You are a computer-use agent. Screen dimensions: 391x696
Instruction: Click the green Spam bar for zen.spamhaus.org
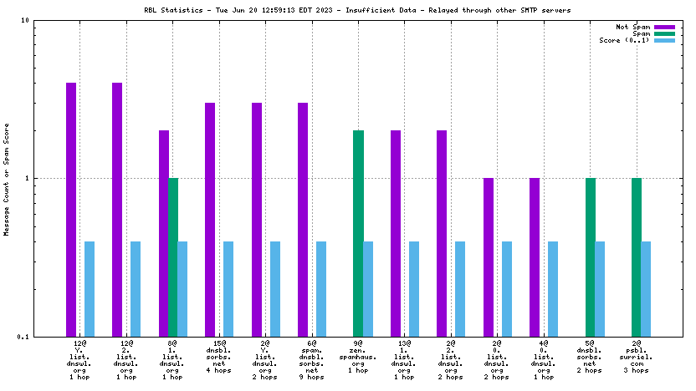[358, 233]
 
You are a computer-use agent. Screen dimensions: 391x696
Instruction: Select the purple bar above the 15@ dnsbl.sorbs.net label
[210, 220]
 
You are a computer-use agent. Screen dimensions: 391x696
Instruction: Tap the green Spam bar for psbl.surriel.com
[637, 257]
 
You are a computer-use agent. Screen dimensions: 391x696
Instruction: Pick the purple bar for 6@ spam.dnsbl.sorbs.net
[303, 220]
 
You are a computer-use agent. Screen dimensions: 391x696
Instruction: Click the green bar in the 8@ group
[173, 257]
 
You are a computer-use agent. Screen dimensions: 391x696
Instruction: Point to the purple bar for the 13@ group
[396, 233]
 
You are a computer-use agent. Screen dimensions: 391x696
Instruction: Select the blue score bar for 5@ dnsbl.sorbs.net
[600, 289]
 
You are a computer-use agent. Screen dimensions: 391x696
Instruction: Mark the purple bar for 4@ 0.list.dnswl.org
[535, 257]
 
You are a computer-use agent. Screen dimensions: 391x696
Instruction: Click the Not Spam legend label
[634, 27]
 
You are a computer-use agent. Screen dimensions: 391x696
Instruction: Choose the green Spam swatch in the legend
[664, 33]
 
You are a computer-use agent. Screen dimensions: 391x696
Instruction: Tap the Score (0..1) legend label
[625, 40]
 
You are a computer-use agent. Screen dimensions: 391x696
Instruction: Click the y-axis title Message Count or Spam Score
[7, 178]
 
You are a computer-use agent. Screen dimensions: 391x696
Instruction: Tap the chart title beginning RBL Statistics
[348, 10]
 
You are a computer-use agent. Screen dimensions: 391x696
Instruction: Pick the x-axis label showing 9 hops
[312, 377]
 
